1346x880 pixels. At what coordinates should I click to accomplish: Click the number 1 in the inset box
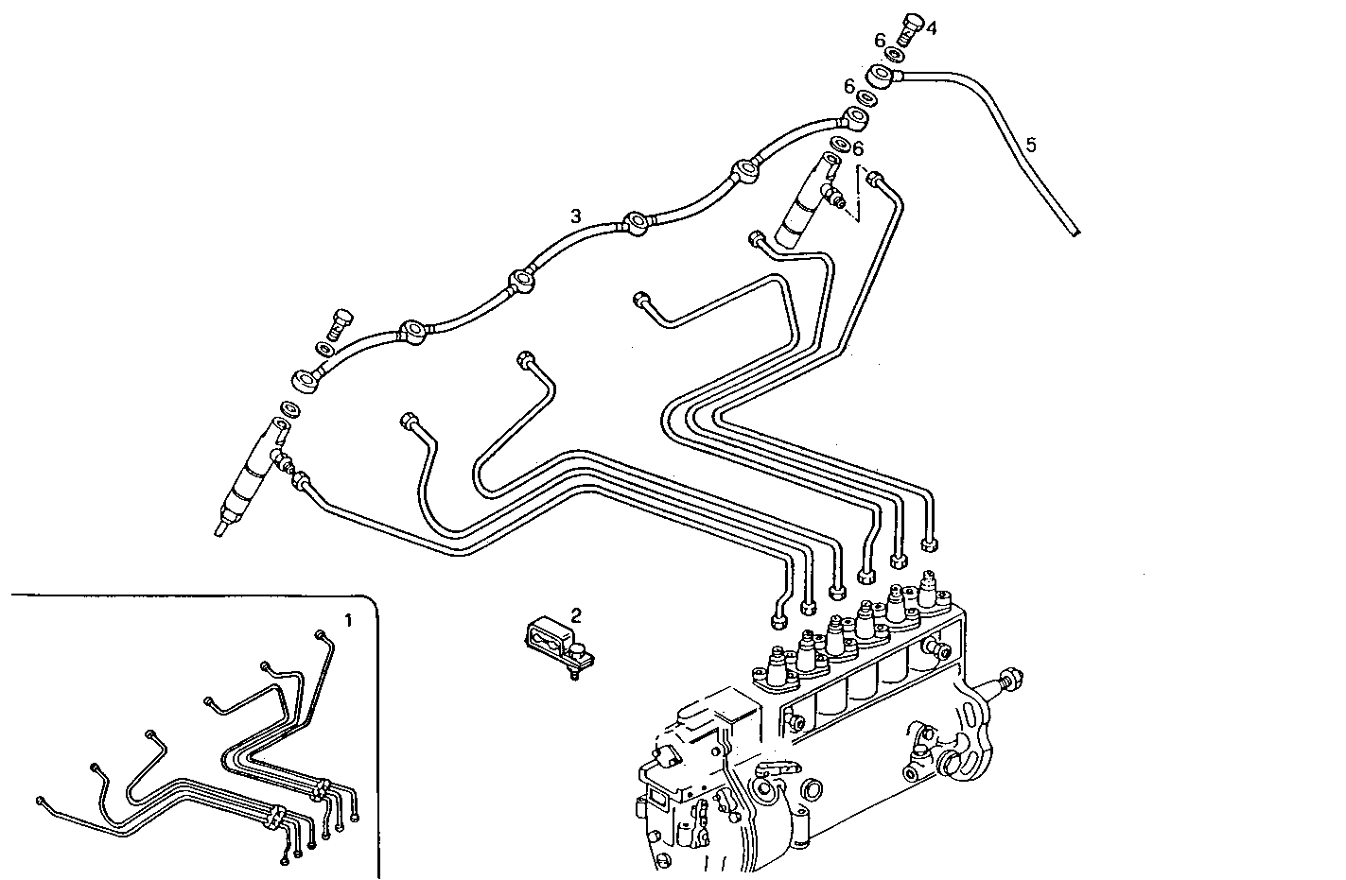coord(347,621)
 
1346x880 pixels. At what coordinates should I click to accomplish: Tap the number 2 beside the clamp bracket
coord(577,615)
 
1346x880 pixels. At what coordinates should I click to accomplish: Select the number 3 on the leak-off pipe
coord(575,216)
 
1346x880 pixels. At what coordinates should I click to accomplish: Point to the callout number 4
coord(931,28)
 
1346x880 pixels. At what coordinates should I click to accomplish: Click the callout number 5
coord(1031,145)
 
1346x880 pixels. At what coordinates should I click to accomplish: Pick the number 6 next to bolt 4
coord(880,41)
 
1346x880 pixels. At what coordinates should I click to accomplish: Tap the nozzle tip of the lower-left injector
coord(221,527)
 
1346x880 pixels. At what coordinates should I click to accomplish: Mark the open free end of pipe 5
coord(1076,232)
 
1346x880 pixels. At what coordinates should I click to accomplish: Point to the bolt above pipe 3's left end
coord(341,323)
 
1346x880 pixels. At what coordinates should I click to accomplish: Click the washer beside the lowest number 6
coord(840,145)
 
